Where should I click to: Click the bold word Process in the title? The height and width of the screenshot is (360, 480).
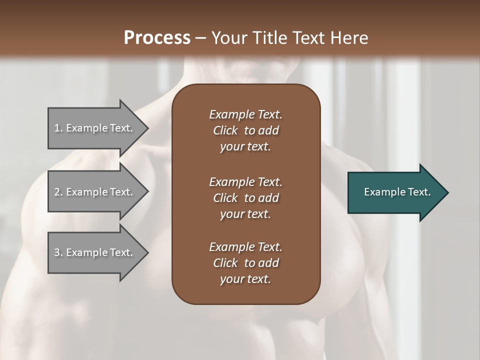[157, 37]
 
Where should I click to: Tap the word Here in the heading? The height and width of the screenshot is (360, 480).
[349, 37]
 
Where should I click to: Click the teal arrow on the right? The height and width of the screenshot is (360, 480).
[395, 192]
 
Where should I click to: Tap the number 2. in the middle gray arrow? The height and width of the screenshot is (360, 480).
[58, 192]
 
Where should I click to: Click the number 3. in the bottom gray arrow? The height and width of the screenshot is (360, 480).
[58, 252]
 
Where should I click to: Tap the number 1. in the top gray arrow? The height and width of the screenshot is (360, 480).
[58, 128]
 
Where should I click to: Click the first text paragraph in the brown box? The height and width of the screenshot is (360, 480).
[245, 130]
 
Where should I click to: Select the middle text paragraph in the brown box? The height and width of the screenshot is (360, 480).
[245, 198]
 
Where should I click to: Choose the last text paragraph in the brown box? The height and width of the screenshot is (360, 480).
[245, 263]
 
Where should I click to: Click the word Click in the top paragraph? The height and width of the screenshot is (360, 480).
[225, 130]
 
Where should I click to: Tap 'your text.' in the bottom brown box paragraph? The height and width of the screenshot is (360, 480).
[245, 279]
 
